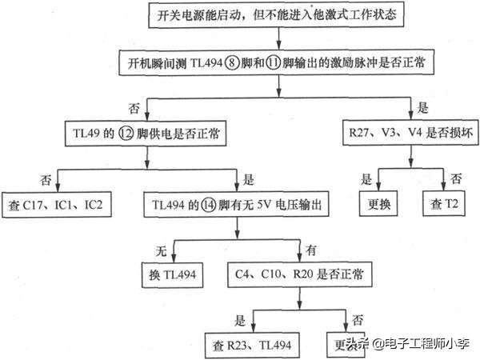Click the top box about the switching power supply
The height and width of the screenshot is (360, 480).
277,14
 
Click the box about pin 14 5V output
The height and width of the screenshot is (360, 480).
238,204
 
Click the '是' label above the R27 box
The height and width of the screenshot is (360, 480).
423,105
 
